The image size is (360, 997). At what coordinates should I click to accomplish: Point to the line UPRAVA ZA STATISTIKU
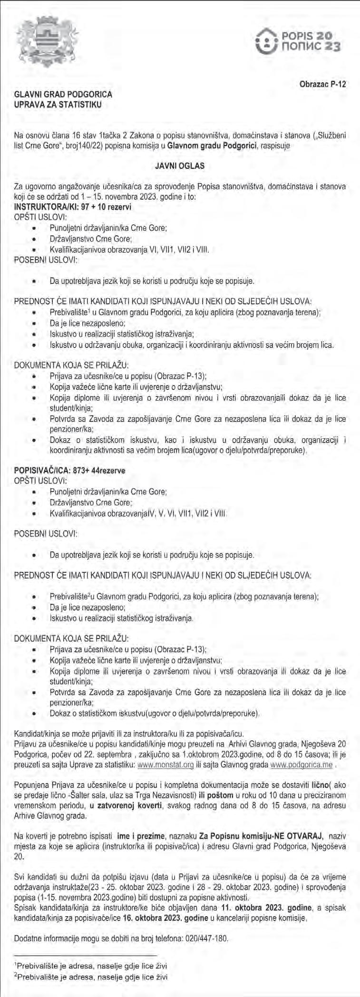[x=58, y=104]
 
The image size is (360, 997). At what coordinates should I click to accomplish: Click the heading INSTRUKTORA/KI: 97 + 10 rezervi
[x=73, y=207]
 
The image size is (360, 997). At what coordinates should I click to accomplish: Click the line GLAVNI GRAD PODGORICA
[x=63, y=95]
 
